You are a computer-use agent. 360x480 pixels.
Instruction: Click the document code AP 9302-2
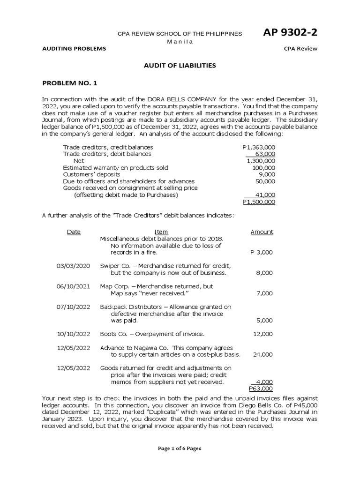(x=291, y=32)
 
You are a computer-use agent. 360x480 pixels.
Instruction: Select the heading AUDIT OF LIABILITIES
(x=180, y=66)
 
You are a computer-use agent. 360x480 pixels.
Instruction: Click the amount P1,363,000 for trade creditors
(x=259, y=147)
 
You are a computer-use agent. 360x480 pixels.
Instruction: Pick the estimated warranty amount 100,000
(x=264, y=167)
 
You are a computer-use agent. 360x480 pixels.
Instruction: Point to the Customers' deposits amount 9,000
(x=267, y=174)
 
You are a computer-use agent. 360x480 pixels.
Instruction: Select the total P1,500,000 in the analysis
(x=259, y=202)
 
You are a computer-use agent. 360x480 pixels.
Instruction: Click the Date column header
(x=74, y=232)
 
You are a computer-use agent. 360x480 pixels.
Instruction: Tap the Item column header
(x=161, y=232)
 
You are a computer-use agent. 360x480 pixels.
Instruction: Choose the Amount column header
(x=262, y=232)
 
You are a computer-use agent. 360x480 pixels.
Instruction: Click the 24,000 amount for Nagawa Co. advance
(x=263, y=354)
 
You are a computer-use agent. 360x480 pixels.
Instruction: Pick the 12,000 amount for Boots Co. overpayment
(x=263, y=334)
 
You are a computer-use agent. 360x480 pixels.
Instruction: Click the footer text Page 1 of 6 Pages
(x=180, y=448)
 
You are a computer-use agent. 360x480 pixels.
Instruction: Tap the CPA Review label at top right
(x=300, y=49)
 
